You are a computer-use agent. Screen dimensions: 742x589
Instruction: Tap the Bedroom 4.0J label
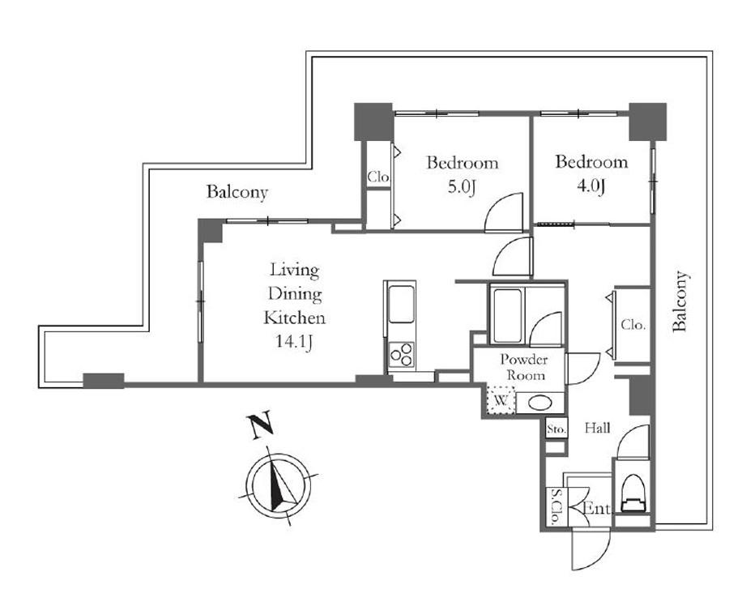click(x=591, y=173)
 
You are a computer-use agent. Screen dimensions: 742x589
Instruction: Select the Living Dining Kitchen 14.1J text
click(x=294, y=306)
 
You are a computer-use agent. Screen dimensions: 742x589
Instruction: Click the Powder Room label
click(x=524, y=367)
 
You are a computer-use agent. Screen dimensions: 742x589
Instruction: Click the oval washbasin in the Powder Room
click(x=539, y=403)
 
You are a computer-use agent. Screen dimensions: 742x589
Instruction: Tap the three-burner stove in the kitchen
click(x=401, y=354)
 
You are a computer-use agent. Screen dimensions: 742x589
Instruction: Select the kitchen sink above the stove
click(x=401, y=305)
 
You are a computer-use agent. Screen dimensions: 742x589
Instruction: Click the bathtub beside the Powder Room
click(x=507, y=315)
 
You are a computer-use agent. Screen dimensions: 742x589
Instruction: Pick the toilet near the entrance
click(x=632, y=494)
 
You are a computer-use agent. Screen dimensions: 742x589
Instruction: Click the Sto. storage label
click(x=556, y=429)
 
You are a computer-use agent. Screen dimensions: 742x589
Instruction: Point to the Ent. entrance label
click(x=598, y=509)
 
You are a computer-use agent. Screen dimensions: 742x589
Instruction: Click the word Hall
click(x=597, y=428)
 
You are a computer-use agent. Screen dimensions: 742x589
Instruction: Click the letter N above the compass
click(x=261, y=425)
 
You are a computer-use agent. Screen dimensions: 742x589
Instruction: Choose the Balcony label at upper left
click(x=237, y=192)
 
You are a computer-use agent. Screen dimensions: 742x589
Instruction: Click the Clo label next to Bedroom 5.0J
click(x=378, y=177)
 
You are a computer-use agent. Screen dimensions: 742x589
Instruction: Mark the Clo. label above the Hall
click(x=633, y=325)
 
